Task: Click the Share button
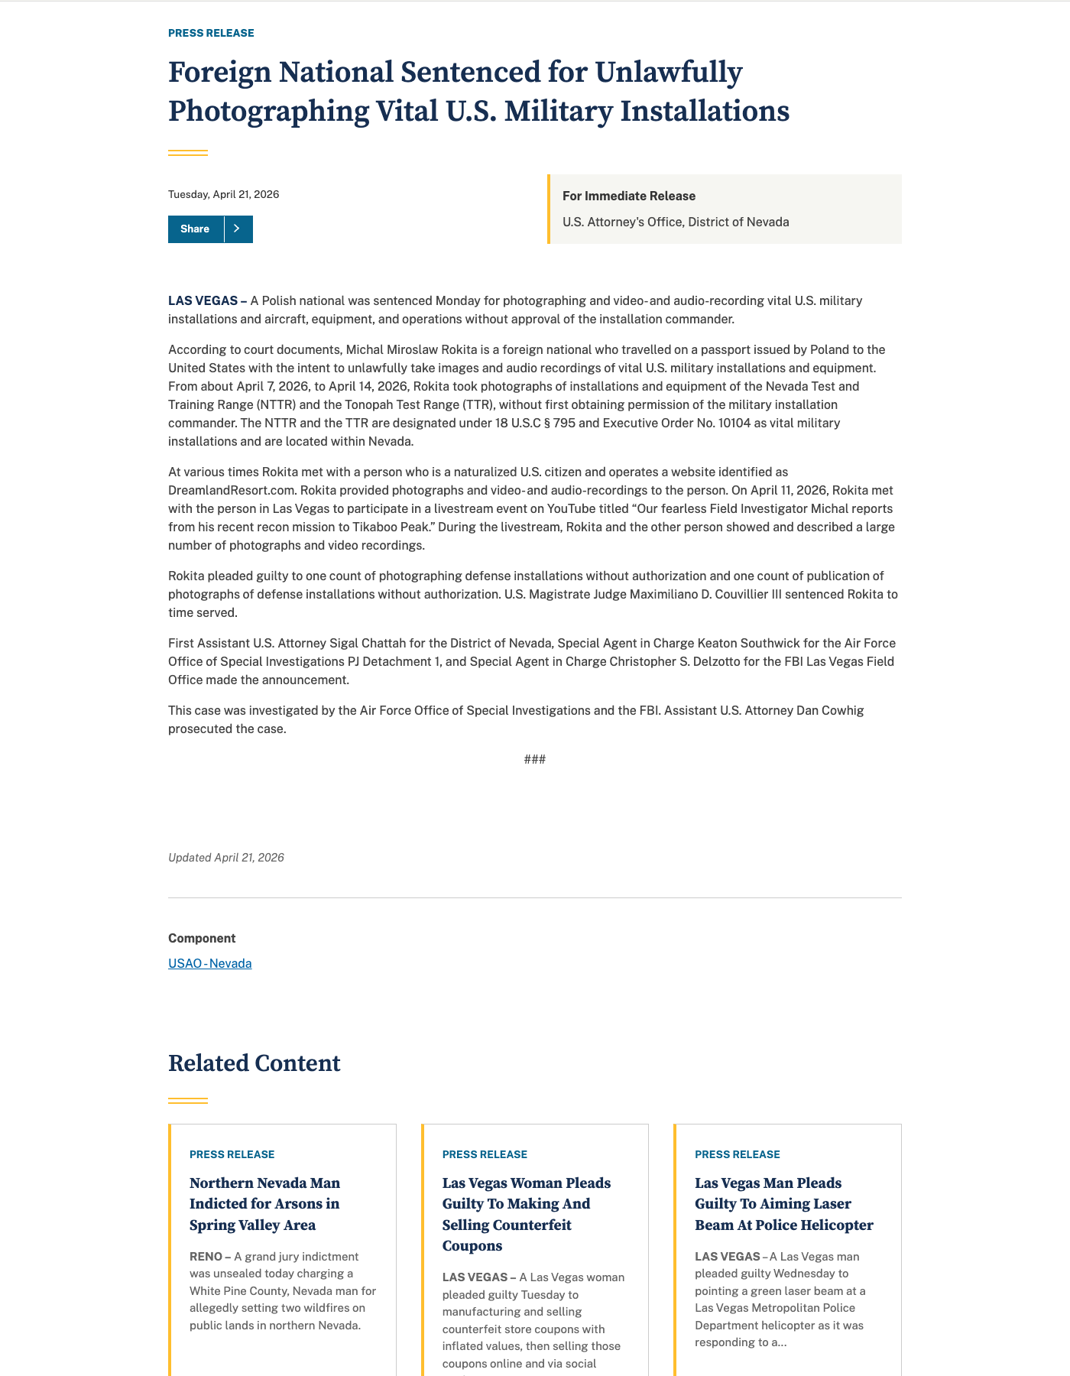click(x=196, y=229)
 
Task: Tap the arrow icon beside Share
click(x=238, y=229)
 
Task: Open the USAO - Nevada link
click(x=209, y=964)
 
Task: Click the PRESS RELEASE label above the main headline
click(x=211, y=34)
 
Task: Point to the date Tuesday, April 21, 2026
click(x=223, y=195)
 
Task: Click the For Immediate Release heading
click(x=628, y=196)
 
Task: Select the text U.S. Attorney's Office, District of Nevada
click(x=675, y=222)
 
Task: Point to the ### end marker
click(x=534, y=760)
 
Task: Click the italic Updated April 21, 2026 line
click(x=225, y=858)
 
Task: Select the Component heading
click(x=202, y=939)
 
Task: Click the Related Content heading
click(x=254, y=1064)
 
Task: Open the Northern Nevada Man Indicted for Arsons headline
click(x=264, y=1204)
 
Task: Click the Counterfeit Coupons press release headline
click(x=526, y=1215)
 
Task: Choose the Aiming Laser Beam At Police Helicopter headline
click(x=783, y=1204)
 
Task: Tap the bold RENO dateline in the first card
click(x=206, y=1257)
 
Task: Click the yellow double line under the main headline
click(x=188, y=153)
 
